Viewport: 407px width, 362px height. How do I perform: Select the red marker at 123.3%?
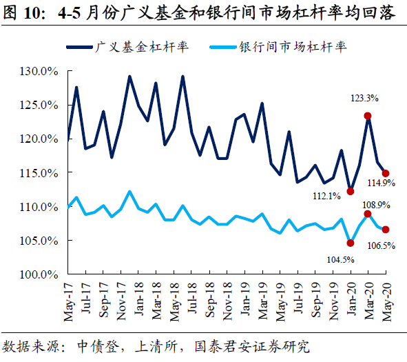pyautogui.click(x=368, y=116)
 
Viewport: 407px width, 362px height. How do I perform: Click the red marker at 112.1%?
pyautogui.click(x=351, y=191)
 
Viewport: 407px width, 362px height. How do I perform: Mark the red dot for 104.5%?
pyautogui.click(x=351, y=243)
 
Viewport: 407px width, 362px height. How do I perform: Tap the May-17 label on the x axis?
pyautogui.click(x=69, y=301)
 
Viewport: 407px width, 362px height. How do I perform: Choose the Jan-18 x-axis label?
pyautogui.click(x=138, y=301)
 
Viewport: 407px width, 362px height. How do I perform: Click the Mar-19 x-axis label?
pyautogui.click(x=262, y=301)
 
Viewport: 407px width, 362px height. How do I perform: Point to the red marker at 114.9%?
pyautogui.click(x=386, y=173)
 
